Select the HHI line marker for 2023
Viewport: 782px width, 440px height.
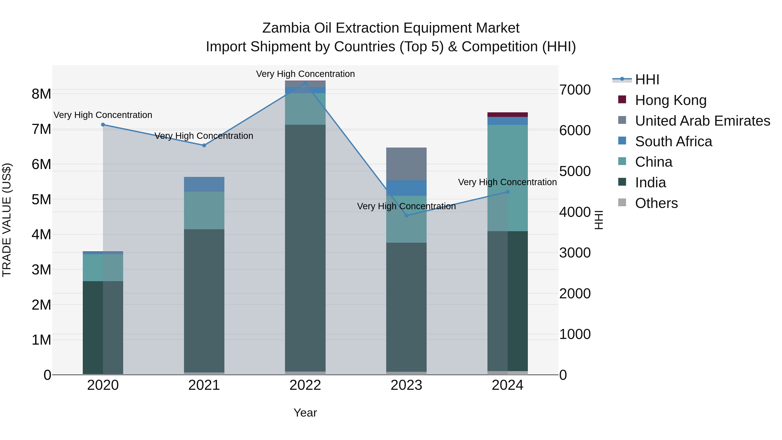pos(406,216)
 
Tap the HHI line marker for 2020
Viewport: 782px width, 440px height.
pos(103,125)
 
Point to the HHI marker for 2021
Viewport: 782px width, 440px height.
pos(204,145)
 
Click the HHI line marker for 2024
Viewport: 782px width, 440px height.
pos(508,192)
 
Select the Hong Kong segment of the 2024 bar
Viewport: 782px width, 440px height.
pos(508,115)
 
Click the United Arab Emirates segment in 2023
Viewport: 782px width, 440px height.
pos(406,164)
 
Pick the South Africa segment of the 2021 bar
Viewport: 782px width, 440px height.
pos(204,184)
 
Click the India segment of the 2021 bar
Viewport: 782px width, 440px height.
pos(204,301)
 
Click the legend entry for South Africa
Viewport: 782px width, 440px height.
pos(673,141)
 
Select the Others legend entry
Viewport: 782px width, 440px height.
pos(656,203)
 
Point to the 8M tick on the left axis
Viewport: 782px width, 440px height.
pos(41,94)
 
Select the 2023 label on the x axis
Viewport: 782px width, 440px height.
pos(406,385)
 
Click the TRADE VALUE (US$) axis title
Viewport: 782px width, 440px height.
pos(7,220)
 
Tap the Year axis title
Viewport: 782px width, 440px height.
pos(305,413)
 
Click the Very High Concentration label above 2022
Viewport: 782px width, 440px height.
pos(305,74)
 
